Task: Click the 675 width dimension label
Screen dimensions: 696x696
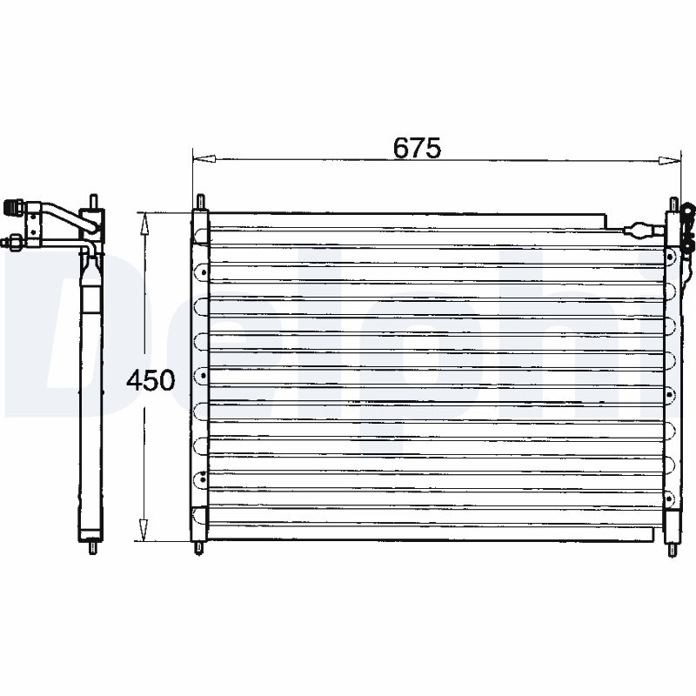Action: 417,148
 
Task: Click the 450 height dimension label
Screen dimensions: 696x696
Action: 151,379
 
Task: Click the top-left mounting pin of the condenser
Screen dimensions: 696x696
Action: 200,202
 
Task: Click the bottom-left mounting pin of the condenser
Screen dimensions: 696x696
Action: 200,548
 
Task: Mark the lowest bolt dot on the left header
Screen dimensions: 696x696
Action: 203,476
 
